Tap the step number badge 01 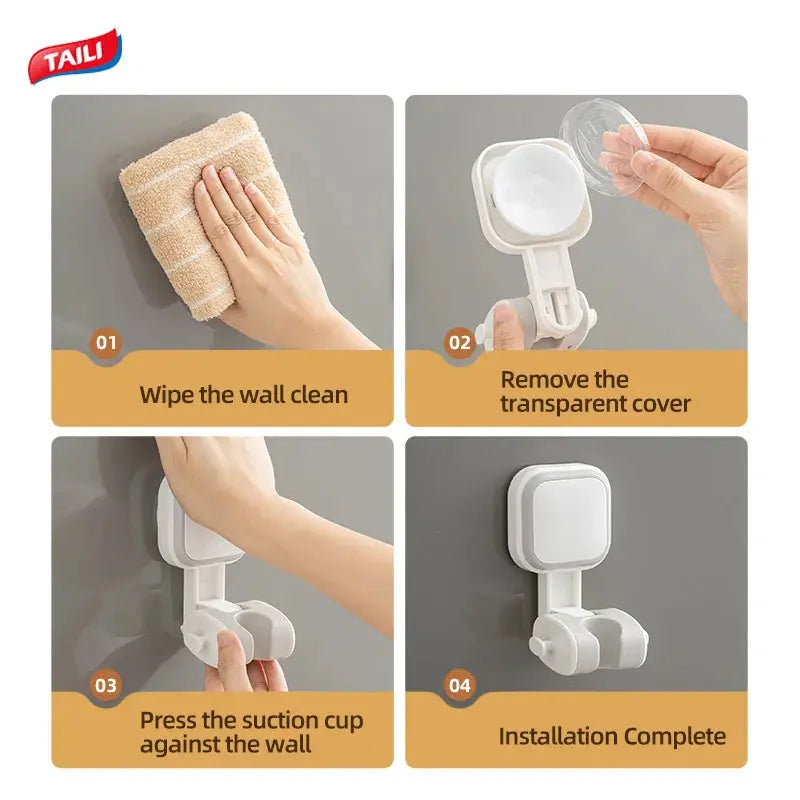106,343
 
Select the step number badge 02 459,343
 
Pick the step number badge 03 106,685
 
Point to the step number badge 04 459,685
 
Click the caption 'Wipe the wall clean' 244,394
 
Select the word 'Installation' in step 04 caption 554,737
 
